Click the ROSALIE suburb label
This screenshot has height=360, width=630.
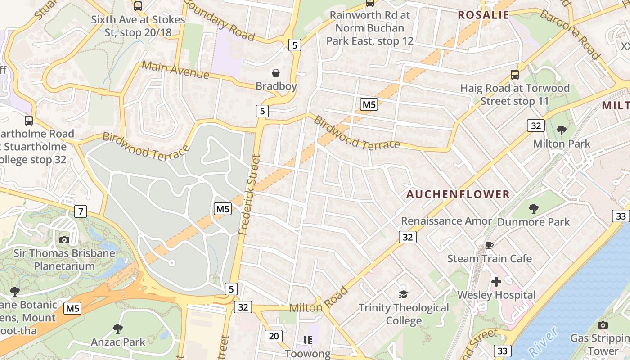pos(483,15)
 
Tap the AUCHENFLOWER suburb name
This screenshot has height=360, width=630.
pos(458,194)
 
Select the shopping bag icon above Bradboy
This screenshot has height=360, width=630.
pos(275,73)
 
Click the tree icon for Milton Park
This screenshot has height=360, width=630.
pos(561,130)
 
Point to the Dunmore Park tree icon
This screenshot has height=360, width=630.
pos(533,208)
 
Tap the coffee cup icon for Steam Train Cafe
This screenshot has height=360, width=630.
pos(489,245)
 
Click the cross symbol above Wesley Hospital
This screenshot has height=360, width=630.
pos(496,282)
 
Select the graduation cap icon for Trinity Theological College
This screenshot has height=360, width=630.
pos(403,294)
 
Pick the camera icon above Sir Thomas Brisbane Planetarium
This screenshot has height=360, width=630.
pos(64,240)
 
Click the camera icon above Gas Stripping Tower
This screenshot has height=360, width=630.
pos(603,325)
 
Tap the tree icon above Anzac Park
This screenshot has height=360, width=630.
pos(118,328)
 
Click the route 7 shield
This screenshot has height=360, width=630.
pos(81,211)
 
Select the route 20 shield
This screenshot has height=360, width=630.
pos(274,336)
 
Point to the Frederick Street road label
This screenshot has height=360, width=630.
pos(250,194)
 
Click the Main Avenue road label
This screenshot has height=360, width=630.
pos(175,70)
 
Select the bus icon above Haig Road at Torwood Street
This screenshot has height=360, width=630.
pos(514,75)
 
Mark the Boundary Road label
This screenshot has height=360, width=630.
pos(219,20)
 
